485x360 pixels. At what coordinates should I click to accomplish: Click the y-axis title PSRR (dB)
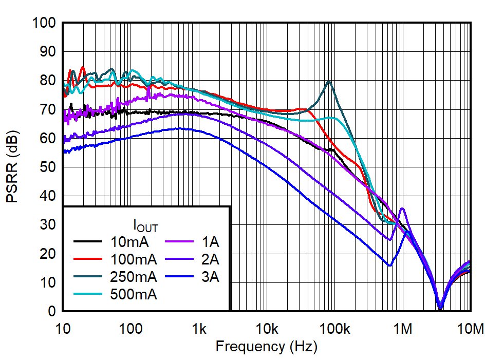(x=12, y=167)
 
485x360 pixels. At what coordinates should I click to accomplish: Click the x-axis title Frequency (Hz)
(x=266, y=347)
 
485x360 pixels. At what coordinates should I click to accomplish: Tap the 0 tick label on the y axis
(x=52, y=312)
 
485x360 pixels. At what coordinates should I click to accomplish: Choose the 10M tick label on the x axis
(x=470, y=327)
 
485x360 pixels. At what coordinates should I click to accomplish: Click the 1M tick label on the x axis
(x=403, y=327)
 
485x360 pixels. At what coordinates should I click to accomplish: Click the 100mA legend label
(x=133, y=259)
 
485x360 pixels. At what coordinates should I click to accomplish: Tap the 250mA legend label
(x=133, y=277)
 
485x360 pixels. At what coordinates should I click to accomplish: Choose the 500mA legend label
(x=133, y=295)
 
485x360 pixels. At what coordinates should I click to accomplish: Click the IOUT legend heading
(x=145, y=225)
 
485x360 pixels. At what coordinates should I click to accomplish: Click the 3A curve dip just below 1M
(x=390, y=266)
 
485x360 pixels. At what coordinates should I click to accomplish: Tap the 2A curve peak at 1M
(x=402, y=209)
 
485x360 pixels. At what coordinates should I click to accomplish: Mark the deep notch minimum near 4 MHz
(x=440, y=308)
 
